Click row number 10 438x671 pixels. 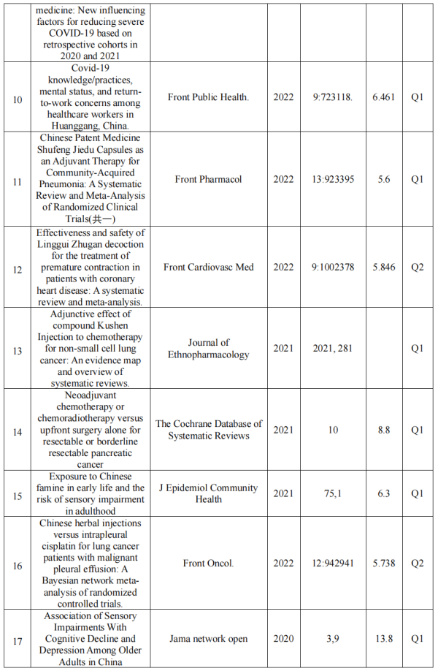tap(18, 96)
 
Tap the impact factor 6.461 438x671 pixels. tap(384, 96)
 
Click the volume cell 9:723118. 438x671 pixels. tap(333, 96)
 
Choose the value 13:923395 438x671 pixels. tap(333, 179)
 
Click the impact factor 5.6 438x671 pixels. tap(384, 179)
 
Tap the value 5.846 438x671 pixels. tap(384, 267)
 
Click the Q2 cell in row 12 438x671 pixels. tap(417, 267)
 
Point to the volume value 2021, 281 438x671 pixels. tap(333, 348)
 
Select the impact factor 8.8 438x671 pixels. tap(384, 430)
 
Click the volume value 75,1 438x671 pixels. tap(333, 493)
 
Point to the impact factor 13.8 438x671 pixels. tap(384, 639)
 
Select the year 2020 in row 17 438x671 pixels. tap(283, 639)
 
